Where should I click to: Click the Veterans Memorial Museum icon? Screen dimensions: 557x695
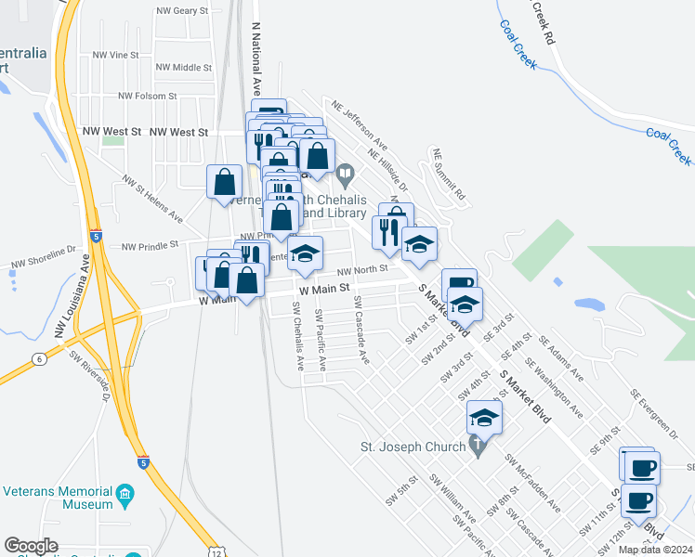coord(124,498)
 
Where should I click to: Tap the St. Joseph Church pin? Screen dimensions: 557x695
coord(478,447)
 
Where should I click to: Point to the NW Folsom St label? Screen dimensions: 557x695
coord(147,96)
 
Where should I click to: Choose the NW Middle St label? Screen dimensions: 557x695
coord(184,67)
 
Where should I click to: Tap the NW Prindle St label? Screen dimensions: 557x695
coord(149,245)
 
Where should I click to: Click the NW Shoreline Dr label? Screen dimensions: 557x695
coord(43,256)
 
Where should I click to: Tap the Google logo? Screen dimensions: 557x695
coord(32,546)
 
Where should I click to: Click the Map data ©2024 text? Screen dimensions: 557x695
coord(655,550)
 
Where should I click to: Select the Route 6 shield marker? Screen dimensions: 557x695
coord(38,358)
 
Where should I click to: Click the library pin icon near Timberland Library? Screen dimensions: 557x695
coord(345,174)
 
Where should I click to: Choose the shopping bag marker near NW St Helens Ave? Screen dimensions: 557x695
coord(225,182)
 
